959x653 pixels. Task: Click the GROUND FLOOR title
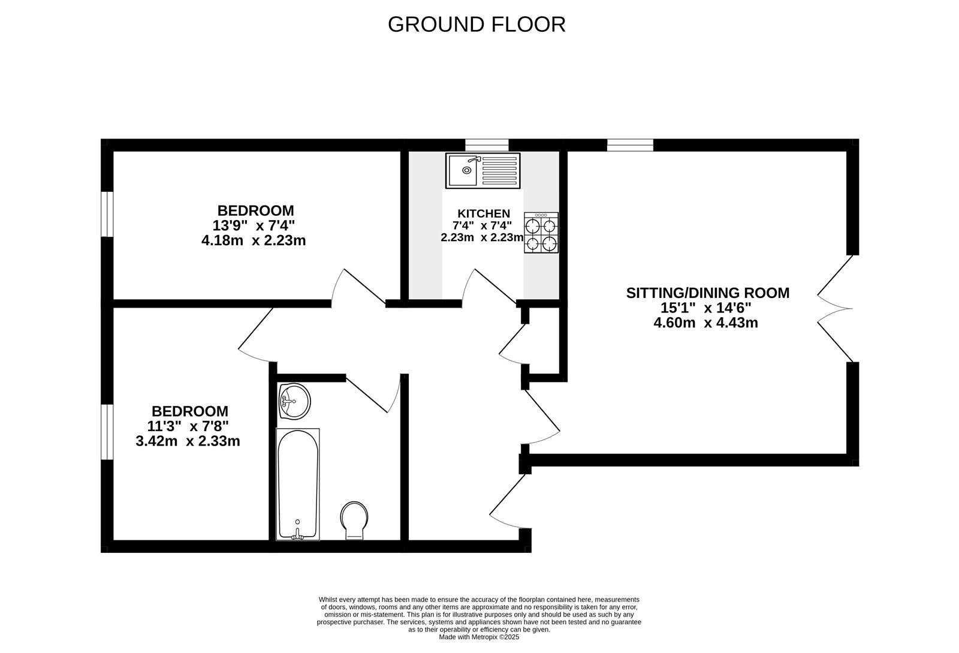(x=477, y=25)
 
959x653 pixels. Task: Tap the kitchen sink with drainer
(x=482, y=170)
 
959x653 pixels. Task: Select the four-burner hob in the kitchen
(x=541, y=233)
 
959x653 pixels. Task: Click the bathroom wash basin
(x=294, y=401)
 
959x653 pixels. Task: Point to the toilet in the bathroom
(x=354, y=520)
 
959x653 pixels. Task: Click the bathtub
(x=298, y=483)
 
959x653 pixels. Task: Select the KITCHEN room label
(x=484, y=213)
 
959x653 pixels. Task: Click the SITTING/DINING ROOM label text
(x=707, y=293)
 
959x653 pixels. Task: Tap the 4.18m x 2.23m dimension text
(x=254, y=241)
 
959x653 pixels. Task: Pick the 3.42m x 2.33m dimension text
(x=188, y=442)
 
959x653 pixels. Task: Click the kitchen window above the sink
(x=487, y=145)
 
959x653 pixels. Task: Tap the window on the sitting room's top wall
(x=629, y=145)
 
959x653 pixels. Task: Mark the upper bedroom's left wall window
(x=107, y=214)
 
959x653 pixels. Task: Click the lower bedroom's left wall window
(x=107, y=432)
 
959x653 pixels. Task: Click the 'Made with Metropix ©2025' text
(x=479, y=637)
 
